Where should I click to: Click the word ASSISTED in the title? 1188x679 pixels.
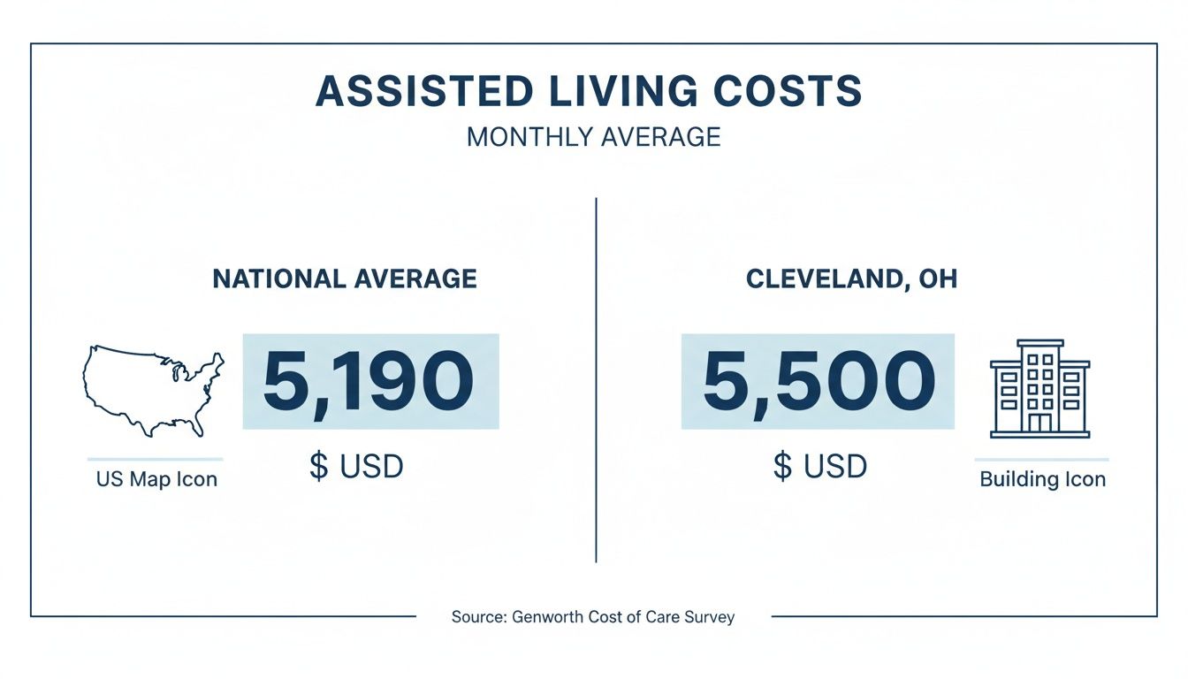[x=424, y=92]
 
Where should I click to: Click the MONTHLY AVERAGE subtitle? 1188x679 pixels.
[x=593, y=137]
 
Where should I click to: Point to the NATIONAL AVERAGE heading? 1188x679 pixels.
[x=345, y=279]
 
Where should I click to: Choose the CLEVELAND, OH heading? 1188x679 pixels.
[x=851, y=279]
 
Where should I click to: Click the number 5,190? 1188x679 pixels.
[x=369, y=382]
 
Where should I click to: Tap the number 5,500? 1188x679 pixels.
[x=818, y=382]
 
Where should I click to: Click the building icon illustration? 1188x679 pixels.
[x=1039, y=389]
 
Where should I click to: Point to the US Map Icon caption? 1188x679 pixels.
[x=156, y=480]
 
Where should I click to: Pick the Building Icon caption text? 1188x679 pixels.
[x=1043, y=480]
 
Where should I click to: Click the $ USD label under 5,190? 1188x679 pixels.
[x=356, y=465]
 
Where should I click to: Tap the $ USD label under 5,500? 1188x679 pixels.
[x=819, y=465]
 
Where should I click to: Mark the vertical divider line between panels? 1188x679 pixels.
[x=596, y=380]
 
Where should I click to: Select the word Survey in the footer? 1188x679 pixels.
[x=709, y=617]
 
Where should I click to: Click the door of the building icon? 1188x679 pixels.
[x=1039, y=423]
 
